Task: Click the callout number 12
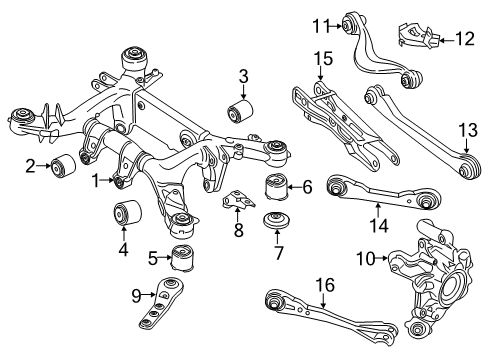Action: pos(465,39)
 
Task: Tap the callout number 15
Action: pos(323,59)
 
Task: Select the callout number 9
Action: pos(136,296)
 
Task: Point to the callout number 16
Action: pos(325,285)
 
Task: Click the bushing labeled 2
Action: pos(63,166)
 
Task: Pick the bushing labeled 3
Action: pos(239,111)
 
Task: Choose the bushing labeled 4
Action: pos(128,213)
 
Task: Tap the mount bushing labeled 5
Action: pos(183,258)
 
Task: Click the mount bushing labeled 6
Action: pos(277,186)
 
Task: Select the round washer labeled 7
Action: pos(277,220)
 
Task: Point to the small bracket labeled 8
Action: pos(239,200)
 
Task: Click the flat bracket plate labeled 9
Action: pos(161,302)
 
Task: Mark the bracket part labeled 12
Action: pos(419,35)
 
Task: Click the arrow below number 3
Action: pos(243,91)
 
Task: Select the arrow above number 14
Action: pos(378,210)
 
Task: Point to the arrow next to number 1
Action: pos(108,180)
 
